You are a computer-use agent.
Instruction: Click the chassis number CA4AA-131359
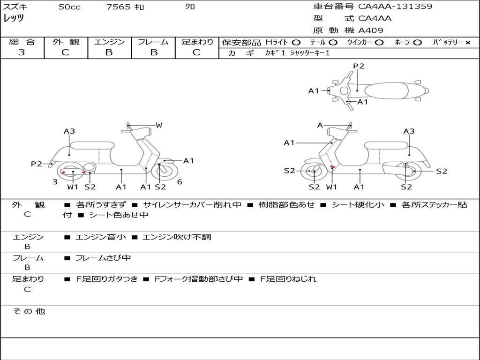[395, 7]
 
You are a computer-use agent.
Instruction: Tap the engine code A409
[371, 30]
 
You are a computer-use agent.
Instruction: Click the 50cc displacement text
[69, 7]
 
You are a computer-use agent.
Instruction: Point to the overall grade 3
[22, 52]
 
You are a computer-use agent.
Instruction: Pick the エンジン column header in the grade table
[109, 42]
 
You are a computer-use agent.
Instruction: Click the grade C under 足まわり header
[196, 52]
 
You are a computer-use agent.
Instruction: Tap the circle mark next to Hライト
[296, 43]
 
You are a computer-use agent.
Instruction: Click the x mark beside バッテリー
[467, 43]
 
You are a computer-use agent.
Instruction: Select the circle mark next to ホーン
[417, 43]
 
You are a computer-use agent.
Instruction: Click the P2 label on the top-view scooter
[359, 66]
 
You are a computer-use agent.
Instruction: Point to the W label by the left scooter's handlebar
[159, 125]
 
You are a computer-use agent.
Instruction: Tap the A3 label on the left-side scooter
[69, 131]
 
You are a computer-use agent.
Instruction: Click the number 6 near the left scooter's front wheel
[180, 182]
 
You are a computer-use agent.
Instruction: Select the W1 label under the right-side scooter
[332, 187]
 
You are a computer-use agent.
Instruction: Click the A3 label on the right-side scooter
[409, 131]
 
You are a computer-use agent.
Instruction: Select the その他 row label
[29, 311]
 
